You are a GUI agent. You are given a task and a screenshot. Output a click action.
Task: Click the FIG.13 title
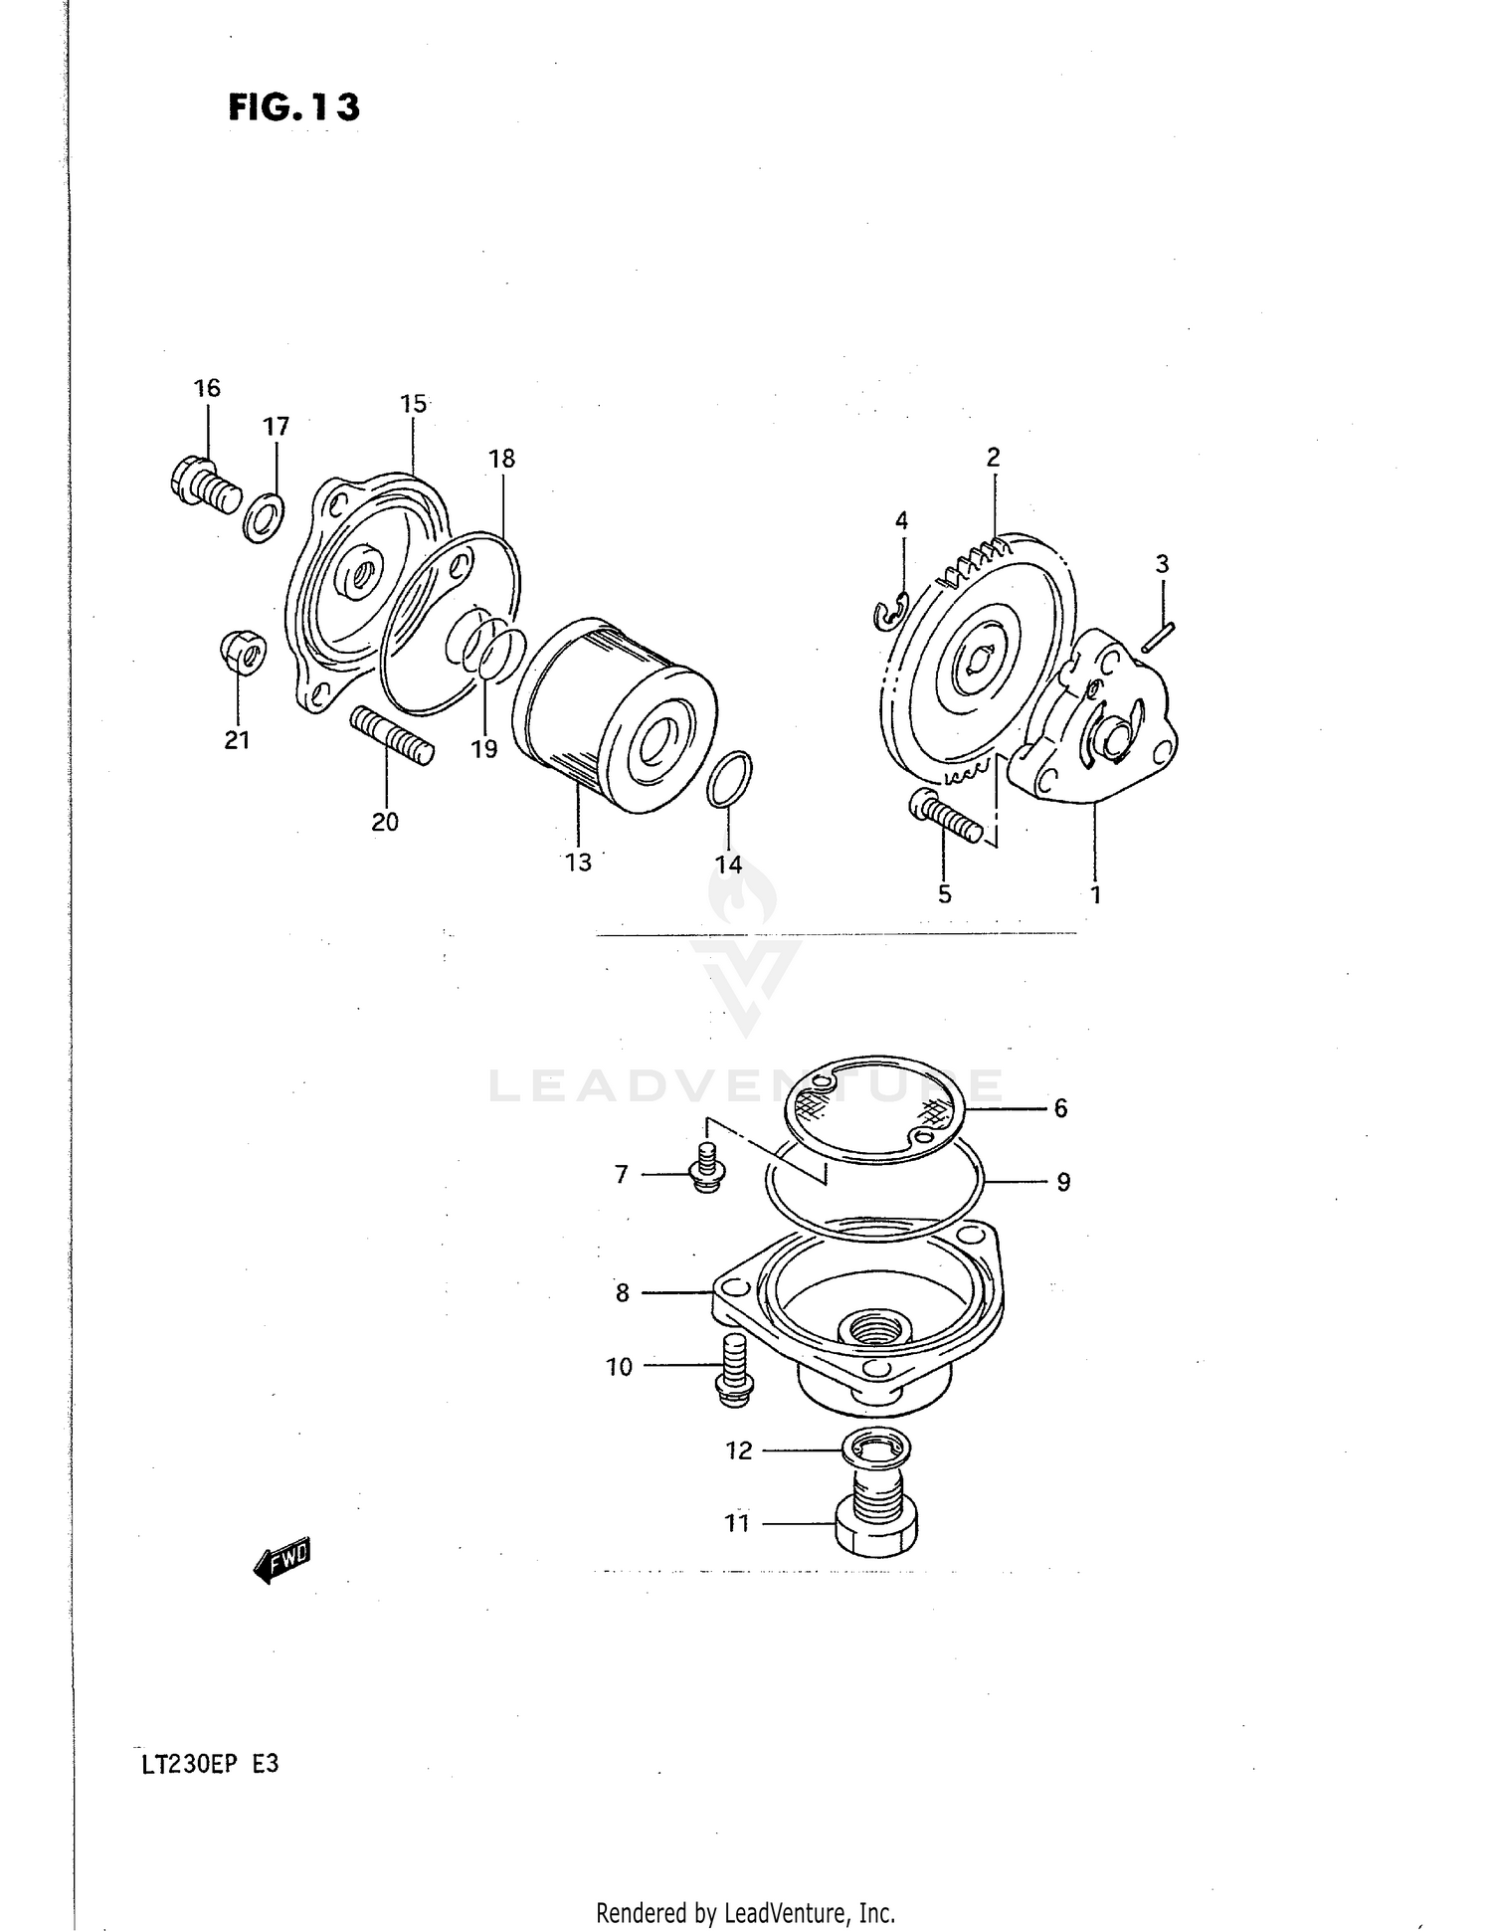[x=293, y=106]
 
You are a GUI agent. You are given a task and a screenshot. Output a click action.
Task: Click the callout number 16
[x=207, y=388]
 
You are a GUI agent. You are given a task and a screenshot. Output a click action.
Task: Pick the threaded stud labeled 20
[x=392, y=735]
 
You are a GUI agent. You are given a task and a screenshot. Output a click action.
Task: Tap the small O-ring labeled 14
[x=730, y=778]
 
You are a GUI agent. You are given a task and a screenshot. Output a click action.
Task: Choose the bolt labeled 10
[x=734, y=1372]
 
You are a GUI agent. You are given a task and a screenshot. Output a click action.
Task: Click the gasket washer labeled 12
[x=876, y=1448]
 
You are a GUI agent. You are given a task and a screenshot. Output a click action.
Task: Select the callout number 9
[x=1063, y=1182]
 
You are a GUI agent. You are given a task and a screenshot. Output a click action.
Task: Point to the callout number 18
[x=502, y=459]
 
